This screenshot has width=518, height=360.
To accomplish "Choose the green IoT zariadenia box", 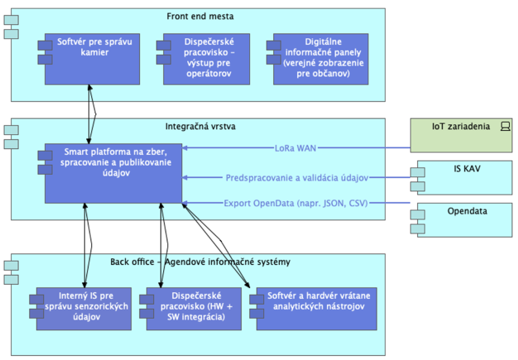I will tap(462, 135).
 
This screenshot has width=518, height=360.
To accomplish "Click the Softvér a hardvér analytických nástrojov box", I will tap(309, 309).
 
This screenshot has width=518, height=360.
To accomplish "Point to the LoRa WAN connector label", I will tap(295, 149).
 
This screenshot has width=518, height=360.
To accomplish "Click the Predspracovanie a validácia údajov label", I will tap(296, 177).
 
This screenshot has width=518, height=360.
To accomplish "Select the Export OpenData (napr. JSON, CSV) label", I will tap(295, 203).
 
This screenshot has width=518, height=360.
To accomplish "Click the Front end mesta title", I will tap(199, 16).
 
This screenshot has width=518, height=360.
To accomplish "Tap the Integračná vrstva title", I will tap(199, 127).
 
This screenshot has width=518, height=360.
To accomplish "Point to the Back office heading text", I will tap(200, 262).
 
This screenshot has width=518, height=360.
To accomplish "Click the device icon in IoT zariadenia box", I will tap(506, 127).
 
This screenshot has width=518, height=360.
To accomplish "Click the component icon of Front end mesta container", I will tap(11, 23).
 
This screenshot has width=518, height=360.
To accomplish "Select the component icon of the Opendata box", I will tap(419, 217).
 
